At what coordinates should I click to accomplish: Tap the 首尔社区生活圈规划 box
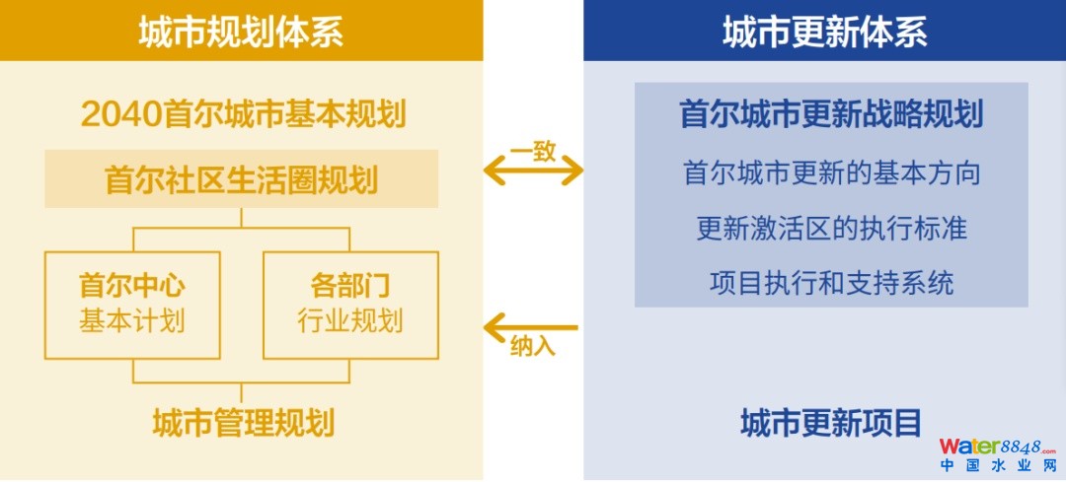[242, 179]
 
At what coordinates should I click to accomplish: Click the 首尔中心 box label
[132, 286]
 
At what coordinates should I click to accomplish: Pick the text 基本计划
[132, 321]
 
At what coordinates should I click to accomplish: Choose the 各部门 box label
[349, 286]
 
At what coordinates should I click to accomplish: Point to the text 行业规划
[349, 321]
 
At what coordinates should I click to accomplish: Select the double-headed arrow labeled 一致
[533, 172]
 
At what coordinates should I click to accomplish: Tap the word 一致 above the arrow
[533, 151]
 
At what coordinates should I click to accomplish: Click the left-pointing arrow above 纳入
[530, 325]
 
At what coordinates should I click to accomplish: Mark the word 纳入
[533, 348]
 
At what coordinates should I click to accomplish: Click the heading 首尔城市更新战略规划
[831, 115]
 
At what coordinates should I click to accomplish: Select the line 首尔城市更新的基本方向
[831, 172]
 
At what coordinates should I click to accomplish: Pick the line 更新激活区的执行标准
[831, 229]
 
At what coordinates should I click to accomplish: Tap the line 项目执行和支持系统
[831, 284]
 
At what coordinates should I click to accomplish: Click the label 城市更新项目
[831, 423]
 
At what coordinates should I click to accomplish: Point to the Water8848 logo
[996, 447]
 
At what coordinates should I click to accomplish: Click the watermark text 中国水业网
[996, 467]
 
